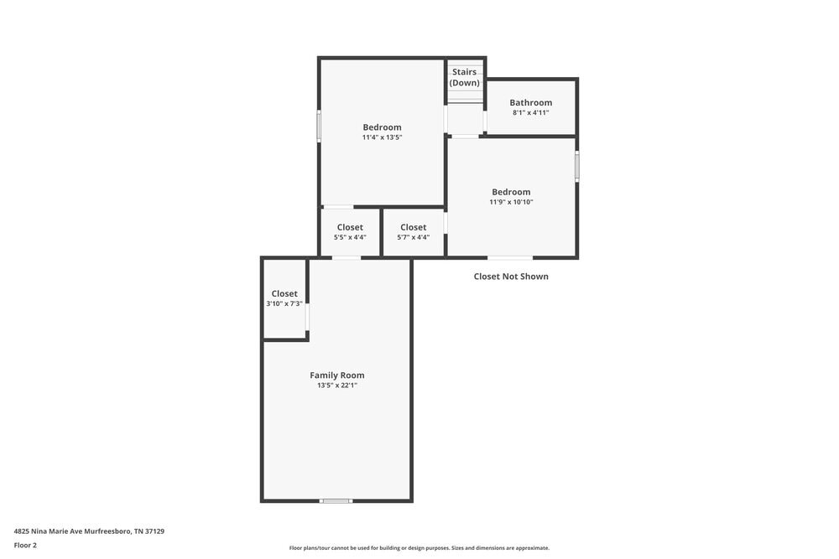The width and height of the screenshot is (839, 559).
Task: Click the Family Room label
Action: tap(337, 375)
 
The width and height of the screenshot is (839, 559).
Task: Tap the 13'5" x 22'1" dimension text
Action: tap(337, 386)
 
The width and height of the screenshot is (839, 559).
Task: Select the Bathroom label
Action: tap(531, 103)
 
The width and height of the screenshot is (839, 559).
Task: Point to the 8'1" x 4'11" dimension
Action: tap(531, 113)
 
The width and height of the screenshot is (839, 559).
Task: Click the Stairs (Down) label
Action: tap(465, 78)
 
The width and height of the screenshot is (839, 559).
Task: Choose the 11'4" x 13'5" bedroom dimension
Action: tap(383, 137)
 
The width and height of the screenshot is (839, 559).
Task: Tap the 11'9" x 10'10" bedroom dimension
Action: tap(512, 202)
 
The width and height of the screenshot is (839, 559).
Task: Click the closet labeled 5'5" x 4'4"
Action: tap(350, 232)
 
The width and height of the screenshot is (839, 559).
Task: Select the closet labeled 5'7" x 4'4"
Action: tap(413, 232)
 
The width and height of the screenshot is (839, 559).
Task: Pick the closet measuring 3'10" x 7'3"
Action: tap(284, 298)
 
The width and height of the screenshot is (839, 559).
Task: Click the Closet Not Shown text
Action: tap(511, 277)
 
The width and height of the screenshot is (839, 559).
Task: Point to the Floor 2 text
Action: tap(25, 545)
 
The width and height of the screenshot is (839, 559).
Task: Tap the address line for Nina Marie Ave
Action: tap(89, 531)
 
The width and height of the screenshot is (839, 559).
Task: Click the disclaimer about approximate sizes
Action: tap(419, 548)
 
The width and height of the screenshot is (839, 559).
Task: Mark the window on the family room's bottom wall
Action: tap(336, 501)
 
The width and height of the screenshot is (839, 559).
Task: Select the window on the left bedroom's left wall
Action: tap(319, 127)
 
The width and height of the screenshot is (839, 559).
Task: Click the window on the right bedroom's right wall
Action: tap(577, 166)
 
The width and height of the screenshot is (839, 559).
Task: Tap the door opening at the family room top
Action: tap(347, 258)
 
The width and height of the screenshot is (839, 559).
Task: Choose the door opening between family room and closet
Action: tap(308, 317)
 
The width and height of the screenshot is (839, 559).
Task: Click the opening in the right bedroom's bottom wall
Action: tap(510, 257)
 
